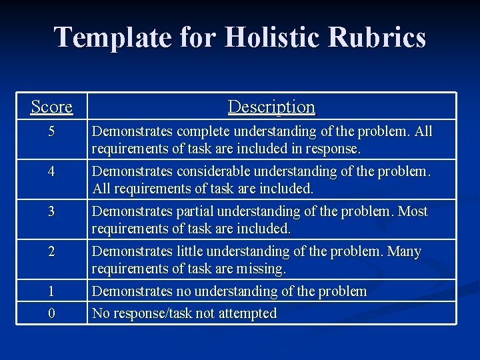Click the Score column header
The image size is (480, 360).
[51, 107]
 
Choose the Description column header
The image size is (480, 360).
[271, 107]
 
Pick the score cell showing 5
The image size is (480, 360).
[51, 131]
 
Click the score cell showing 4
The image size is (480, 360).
[51, 171]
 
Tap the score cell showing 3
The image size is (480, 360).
[51, 211]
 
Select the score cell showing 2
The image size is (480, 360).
[51, 251]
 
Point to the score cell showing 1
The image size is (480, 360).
[51, 291]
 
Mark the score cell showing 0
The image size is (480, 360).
[51, 313]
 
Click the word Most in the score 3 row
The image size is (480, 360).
[413, 211]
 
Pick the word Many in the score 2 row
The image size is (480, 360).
[405, 251]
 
